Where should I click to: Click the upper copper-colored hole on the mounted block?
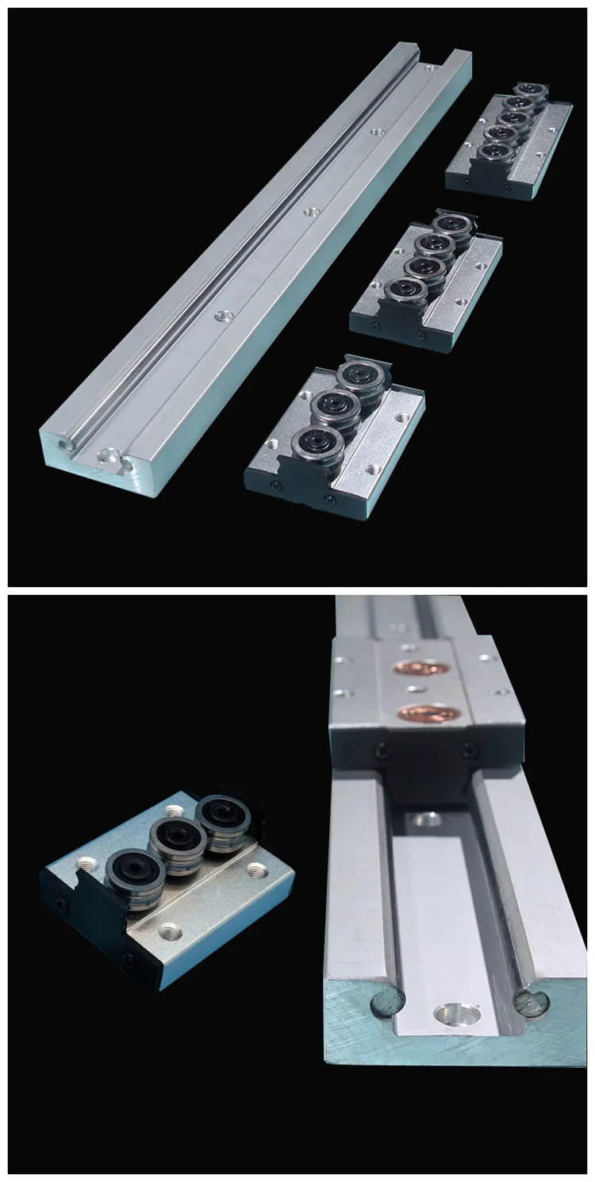coord(421,668)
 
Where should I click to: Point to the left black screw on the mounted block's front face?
coord(384,750)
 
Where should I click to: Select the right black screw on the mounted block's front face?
coord(470,746)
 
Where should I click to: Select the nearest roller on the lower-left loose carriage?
coord(136,874)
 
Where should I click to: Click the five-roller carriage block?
coord(509,143)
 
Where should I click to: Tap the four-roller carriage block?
coord(427,278)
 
